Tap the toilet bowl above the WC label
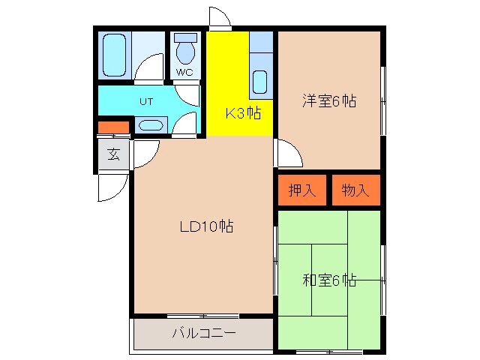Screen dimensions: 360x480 click(x=184, y=52)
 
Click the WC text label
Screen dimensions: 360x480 click(x=184, y=73)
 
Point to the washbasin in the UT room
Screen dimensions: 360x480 click(x=150, y=125)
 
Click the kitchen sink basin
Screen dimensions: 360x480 click(x=260, y=81)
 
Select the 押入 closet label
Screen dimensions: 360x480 click(x=302, y=190)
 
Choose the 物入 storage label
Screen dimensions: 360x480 click(x=355, y=190)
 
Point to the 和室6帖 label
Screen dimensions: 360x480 click(x=329, y=280)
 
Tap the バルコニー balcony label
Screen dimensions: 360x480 click(x=203, y=333)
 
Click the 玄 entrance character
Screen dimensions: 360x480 click(x=113, y=155)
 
